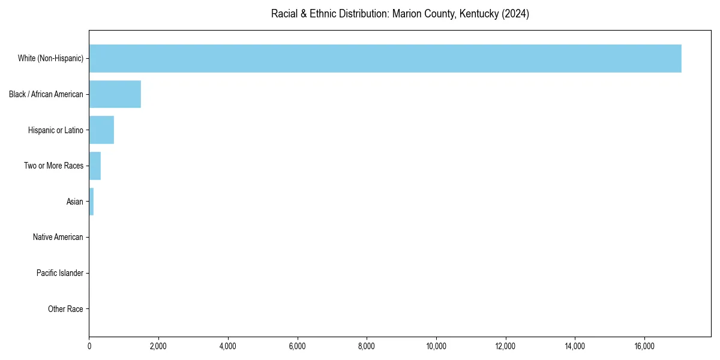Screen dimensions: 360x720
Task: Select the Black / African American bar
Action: tap(115, 94)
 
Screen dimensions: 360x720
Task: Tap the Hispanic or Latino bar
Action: tap(101, 130)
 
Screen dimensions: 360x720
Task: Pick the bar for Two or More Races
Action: tap(95, 166)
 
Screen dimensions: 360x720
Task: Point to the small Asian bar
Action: tap(91, 202)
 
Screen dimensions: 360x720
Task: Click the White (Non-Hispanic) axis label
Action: tap(50, 58)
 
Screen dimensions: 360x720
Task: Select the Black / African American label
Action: tap(46, 94)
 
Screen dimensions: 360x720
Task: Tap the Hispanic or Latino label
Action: tap(56, 130)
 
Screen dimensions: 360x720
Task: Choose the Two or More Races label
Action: tap(53, 166)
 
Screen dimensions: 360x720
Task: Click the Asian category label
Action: tap(74, 202)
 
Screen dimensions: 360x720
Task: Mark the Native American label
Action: tap(58, 237)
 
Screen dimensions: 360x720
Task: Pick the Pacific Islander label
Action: tap(59, 273)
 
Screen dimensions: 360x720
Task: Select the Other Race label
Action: tap(65, 309)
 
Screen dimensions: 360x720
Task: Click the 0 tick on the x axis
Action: tap(89, 346)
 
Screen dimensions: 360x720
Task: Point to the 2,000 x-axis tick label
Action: tap(158, 346)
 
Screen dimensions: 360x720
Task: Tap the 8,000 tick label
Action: tap(367, 346)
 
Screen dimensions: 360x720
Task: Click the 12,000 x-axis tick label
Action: tap(505, 346)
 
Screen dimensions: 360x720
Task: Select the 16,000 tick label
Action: tap(644, 346)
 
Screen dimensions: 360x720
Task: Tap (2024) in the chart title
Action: tap(516, 14)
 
